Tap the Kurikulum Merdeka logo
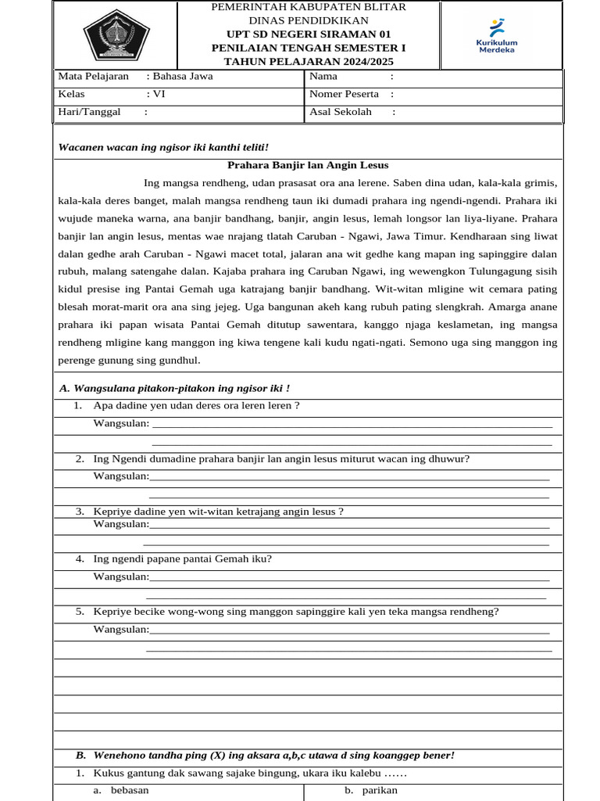(x=497, y=35)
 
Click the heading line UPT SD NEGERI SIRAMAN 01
(x=309, y=34)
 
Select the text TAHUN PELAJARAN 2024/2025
(x=309, y=61)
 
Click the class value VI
(x=159, y=94)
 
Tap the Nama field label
(x=323, y=77)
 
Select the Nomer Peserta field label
(x=344, y=94)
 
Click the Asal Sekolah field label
(x=341, y=112)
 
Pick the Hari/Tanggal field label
(x=89, y=112)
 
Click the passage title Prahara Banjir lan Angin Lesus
(x=307, y=165)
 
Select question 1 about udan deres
(x=195, y=405)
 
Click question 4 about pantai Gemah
(x=182, y=559)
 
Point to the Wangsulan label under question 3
(x=121, y=524)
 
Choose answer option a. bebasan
(x=127, y=790)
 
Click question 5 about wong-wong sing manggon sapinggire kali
(x=295, y=612)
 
